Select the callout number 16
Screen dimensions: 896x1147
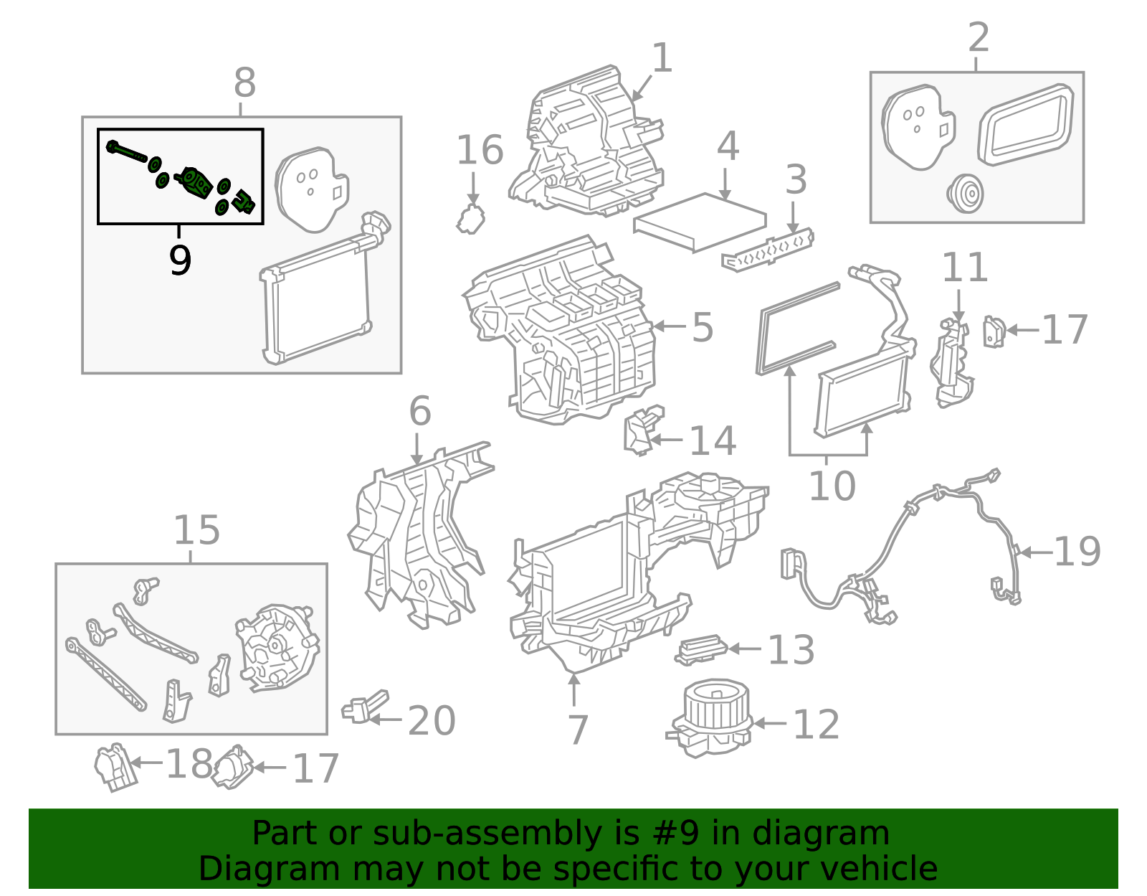pos(480,151)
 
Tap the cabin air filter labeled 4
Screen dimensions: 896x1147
pos(700,222)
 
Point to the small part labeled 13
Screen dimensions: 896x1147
pos(700,649)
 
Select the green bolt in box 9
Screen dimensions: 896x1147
pos(128,152)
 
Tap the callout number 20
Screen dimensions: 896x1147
pos(432,721)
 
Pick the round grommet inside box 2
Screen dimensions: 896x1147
pos(964,194)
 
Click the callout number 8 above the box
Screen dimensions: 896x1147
pos(244,84)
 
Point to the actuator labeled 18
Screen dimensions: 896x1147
pos(115,768)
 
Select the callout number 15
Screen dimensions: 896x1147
pos(196,532)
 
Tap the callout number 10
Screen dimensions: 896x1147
pos(832,486)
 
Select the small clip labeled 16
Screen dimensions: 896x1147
pos(470,219)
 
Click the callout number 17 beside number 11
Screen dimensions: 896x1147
pos(1064,331)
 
